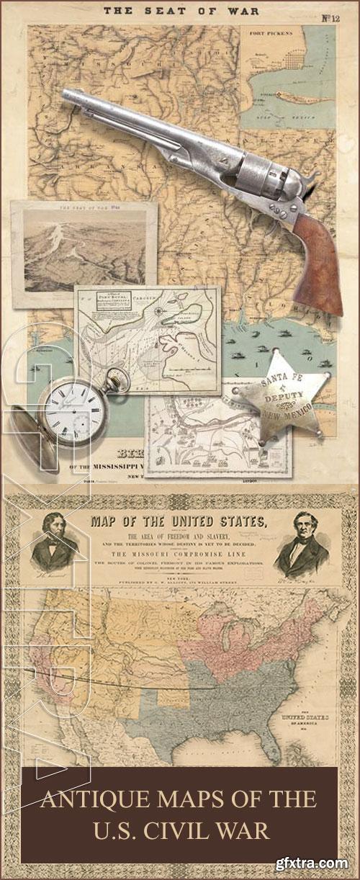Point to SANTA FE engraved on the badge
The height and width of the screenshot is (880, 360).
tap(279, 382)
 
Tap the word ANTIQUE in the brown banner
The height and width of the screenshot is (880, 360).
tap(89, 799)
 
